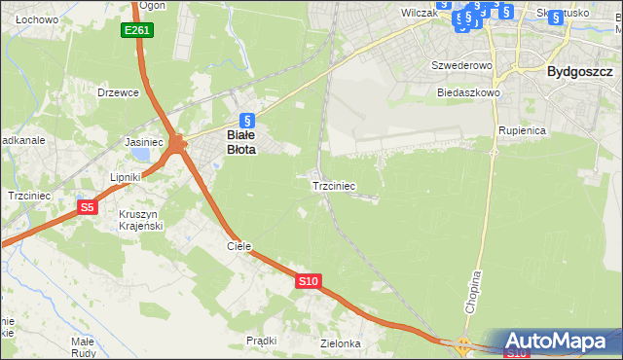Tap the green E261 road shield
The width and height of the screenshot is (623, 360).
(136, 31)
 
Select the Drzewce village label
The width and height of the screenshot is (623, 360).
(119, 92)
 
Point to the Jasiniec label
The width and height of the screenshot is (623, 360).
(144, 142)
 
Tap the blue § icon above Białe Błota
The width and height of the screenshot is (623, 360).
(247, 121)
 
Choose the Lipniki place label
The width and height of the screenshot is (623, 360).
(127, 177)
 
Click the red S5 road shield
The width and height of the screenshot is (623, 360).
(88, 207)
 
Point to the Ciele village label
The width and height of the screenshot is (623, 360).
(239, 246)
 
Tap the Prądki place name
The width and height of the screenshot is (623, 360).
(262, 341)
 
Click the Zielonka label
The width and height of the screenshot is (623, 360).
(341, 343)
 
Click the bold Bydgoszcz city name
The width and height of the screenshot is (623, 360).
(579, 71)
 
